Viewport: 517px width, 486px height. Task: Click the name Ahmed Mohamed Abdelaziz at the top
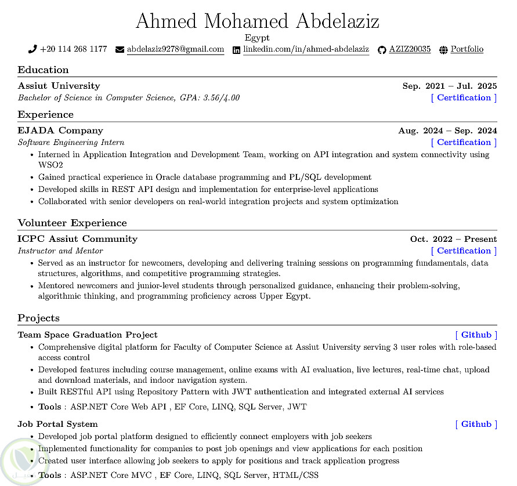point(258,21)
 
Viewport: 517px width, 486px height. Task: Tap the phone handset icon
point(32,49)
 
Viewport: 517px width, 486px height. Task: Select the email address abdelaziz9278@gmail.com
point(175,49)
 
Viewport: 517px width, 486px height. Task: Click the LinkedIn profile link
point(306,49)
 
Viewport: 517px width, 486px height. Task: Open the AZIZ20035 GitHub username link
point(410,49)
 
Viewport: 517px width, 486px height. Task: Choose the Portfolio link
point(467,49)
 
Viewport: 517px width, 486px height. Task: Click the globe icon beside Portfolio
point(444,50)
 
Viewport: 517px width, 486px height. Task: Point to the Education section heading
point(43,70)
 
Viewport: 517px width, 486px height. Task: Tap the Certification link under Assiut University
point(464,97)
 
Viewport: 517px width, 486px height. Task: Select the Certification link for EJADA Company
point(464,142)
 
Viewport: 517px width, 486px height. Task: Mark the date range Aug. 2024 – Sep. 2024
point(447,130)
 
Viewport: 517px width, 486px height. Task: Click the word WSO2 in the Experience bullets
point(50,165)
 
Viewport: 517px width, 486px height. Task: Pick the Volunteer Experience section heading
point(72,223)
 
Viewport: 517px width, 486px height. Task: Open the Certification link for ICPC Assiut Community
point(464,251)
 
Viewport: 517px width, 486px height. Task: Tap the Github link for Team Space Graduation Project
point(476,335)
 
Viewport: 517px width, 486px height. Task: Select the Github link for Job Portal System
point(476,424)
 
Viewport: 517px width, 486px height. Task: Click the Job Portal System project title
point(57,424)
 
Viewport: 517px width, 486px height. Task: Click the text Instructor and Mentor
point(60,251)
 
